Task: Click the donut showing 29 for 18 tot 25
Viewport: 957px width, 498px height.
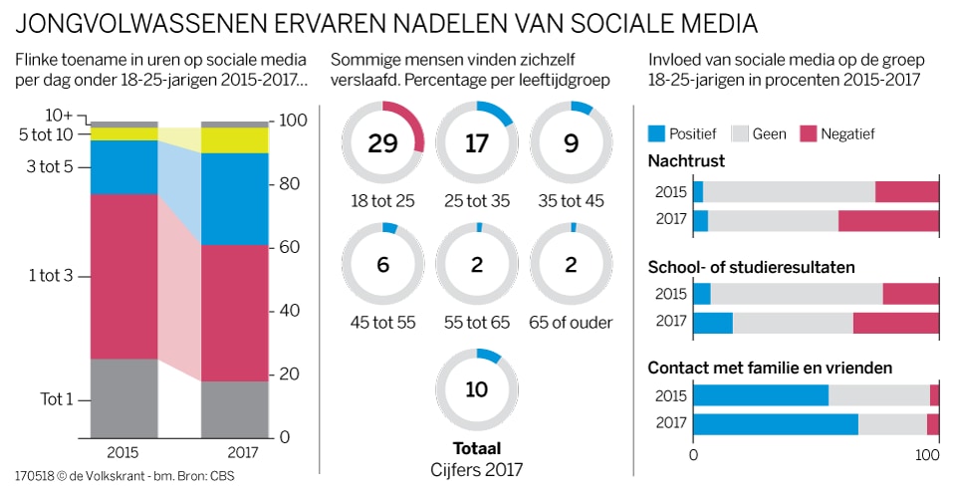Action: [382, 143]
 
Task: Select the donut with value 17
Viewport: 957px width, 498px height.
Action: [476, 143]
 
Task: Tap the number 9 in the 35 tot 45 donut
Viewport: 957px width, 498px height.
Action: [571, 143]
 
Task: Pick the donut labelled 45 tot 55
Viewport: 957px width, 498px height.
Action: [382, 264]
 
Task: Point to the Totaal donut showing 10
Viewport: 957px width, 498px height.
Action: [476, 389]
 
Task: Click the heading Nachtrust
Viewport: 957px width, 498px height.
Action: [686, 160]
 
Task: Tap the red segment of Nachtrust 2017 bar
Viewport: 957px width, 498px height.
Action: [888, 221]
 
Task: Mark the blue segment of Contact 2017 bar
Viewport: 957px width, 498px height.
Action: [776, 424]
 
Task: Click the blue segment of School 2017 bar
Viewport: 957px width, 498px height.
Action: [713, 324]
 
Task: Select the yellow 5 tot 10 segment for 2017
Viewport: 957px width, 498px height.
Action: [235, 140]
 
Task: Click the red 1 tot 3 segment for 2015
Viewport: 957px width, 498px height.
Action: [124, 276]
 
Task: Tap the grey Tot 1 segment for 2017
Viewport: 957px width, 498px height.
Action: [235, 408]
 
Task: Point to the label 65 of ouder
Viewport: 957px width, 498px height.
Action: [571, 322]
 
